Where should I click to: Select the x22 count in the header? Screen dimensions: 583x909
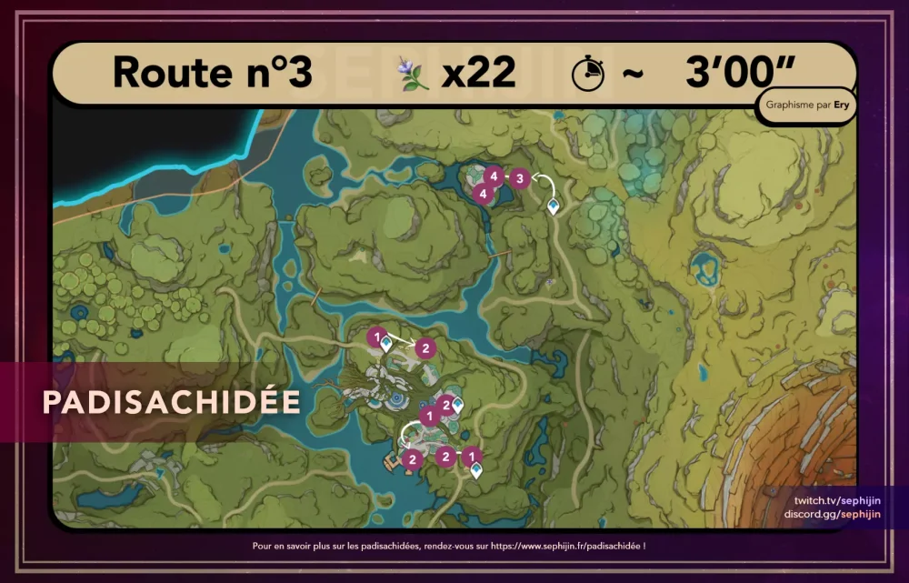(x=479, y=73)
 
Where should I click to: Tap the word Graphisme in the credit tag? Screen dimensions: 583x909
(x=791, y=104)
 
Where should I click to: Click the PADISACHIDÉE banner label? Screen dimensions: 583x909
(x=171, y=402)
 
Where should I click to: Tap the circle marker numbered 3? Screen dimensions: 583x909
(x=519, y=178)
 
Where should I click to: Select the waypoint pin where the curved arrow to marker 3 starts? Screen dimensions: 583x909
(x=553, y=209)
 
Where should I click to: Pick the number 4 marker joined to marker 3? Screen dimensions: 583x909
(x=494, y=175)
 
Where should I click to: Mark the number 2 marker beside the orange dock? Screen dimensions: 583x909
(x=412, y=459)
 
